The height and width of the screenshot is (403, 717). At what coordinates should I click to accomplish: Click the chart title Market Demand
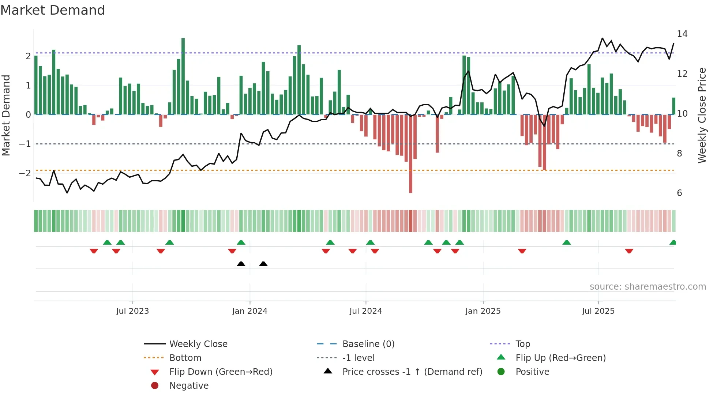click(x=53, y=10)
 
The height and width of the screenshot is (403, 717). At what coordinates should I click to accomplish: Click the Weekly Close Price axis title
click(x=702, y=115)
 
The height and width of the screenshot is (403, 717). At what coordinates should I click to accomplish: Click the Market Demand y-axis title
click(x=6, y=115)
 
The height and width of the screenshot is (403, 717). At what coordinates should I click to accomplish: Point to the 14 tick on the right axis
click(x=682, y=34)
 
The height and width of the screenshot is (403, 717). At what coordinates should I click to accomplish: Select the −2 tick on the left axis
click(x=25, y=173)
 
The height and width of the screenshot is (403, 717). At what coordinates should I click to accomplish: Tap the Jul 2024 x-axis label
click(x=365, y=311)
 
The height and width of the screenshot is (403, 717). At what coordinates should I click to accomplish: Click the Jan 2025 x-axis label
click(x=483, y=311)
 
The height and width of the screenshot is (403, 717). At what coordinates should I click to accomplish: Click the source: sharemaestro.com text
click(x=647, y=287)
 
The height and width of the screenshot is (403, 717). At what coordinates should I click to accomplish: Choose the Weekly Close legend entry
click(x=198, y=344)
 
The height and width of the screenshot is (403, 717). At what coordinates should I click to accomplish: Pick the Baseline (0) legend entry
click(x=368, y=344)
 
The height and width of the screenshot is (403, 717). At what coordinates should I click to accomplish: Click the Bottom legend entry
click(x=185, y=358)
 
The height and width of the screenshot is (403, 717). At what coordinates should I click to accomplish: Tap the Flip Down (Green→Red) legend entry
click(x=221, y=372)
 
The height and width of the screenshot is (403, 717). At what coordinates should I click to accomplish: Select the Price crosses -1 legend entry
click(x=412, y=372)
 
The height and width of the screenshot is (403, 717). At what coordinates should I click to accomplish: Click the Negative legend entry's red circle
click(x=155, y=386)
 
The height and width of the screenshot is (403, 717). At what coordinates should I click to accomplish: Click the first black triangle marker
click(x=241, y=264)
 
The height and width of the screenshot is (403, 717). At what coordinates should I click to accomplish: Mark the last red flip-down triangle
click(x=629, y=251)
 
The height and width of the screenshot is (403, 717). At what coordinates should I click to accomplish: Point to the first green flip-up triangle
click(x=107, y=242)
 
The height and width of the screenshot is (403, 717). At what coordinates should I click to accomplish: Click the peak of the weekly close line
click(x=602, y=38)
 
